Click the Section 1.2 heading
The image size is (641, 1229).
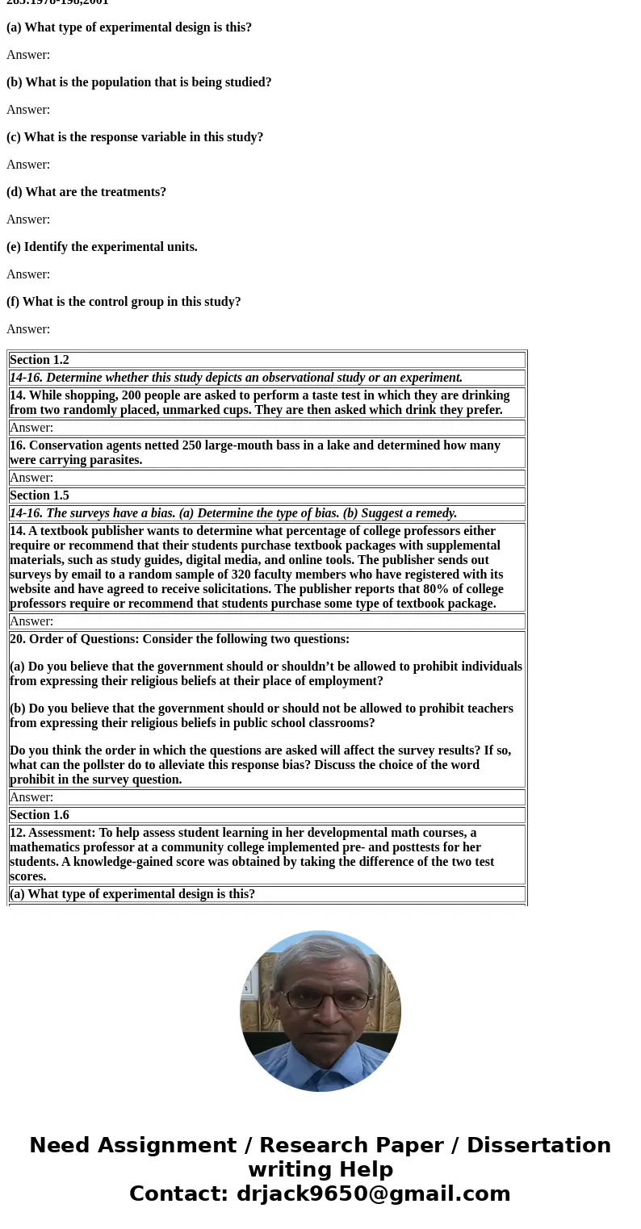coord(40,360)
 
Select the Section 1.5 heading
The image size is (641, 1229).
coord(40,495)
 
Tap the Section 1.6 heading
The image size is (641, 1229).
coord(40,815)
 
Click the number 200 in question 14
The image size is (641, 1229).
coord(132,395)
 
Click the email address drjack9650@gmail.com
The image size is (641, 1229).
coord(373,1194)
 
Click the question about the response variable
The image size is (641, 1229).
coord(135,137)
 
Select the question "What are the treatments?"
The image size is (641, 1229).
coord(86,192)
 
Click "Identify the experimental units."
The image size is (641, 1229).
coord(102,247)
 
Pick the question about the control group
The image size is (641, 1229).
coord(124,302)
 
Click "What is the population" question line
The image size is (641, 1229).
coord(139,82)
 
